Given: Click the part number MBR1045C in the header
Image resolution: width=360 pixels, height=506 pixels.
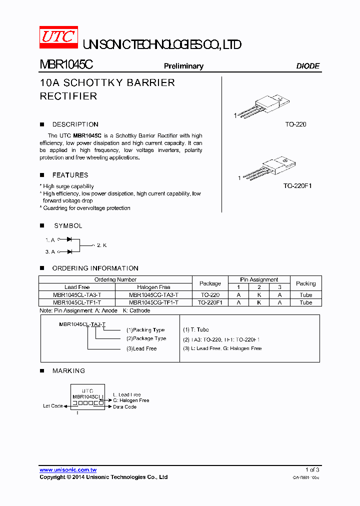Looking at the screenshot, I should pyautogui.click(x=66, y=65).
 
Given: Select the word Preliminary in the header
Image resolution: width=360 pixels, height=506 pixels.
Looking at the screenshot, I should pyautogui.click(x=183, y=66).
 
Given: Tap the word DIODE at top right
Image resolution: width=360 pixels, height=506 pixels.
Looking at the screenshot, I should pyautogui.click(x=307, y=66).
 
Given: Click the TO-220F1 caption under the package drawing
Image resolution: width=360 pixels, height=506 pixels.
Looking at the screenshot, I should pyautogui.click(x=297, y=185).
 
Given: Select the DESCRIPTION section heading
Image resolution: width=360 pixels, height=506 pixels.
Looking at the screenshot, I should pyautogui.click(x=75, y=124).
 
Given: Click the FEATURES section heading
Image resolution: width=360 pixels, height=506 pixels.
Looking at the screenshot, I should pyautogui.click(x=70, y=175).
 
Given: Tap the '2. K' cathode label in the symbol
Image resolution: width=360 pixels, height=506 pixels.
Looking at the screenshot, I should pyautogui.click(x=101, y=245).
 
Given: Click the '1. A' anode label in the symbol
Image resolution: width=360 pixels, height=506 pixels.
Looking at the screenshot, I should pyautogui.click(x=50, y=240).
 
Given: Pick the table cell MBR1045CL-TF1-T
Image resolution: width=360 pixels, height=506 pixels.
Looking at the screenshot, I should pyautogui.click(x=77, y=302).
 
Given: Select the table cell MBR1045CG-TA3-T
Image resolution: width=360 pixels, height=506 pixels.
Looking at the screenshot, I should pyautogui.click(x=153, y=295).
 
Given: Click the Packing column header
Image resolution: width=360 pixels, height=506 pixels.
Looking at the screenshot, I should pyautogui.click(x=305, y=283).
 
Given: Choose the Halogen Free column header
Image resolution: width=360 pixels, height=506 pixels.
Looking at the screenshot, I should pyautogui.click(x=153, y=287).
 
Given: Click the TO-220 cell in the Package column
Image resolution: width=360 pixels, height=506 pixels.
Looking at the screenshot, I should pyautogui.click(x=210, y=295).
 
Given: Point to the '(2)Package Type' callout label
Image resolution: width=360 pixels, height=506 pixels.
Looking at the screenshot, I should pyautogui.click(x=146, y=338).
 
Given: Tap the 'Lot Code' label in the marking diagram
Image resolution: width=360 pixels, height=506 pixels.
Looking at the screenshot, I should pyautogui.click(x=53, y=406).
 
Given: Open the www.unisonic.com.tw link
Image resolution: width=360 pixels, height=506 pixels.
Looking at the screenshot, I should pyautogui.click(x=68, y=470).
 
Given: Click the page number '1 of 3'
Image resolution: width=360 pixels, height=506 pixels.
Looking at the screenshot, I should pyautogui.click(x=312, y=469).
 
